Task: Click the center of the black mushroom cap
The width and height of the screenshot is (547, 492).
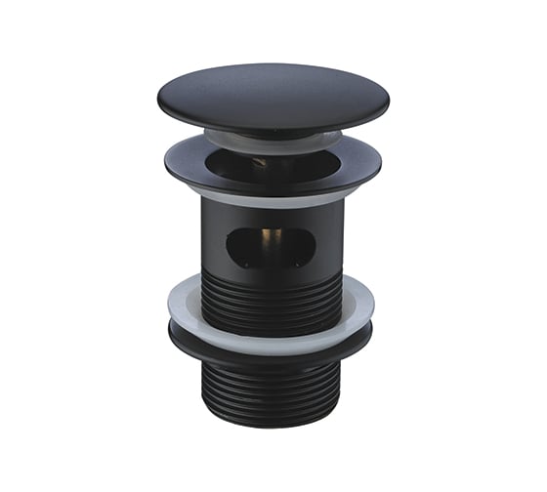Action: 273,96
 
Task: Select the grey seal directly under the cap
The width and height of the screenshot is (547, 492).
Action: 273,139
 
